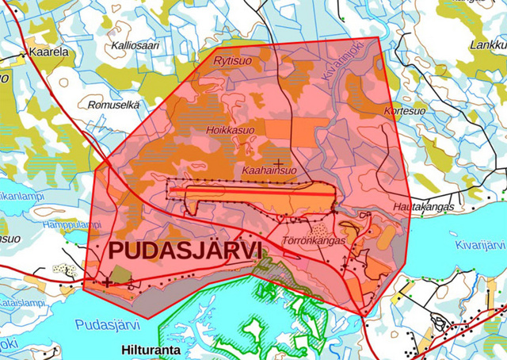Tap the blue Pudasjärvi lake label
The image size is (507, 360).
click(x=108, y=324)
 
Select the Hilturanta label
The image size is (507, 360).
click(x=151, y=349)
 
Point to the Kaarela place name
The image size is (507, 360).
click(x=48, y=52)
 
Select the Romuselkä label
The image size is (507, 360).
click(x=112, y=104)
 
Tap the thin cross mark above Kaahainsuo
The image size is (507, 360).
click(x=277, y=162)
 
